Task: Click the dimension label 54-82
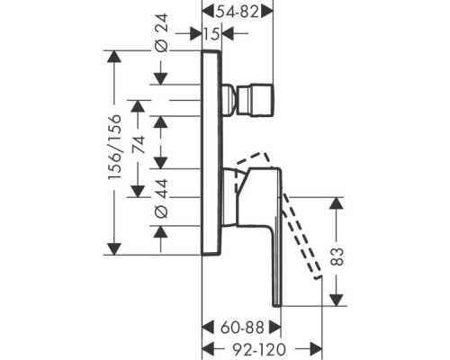(x=238, y=12)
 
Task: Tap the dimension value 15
(x=212, y=34)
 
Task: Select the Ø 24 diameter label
(x=161, y=33)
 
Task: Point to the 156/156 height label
(x=114, y=147)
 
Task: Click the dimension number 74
(x=139, y=145)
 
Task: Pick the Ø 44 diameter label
(x=161, y=198)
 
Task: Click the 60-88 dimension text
(x=242, y=328)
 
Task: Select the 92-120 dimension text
(x=259, y=349)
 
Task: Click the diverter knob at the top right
(x=256, y=100)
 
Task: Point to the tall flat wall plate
(x=212, y=152)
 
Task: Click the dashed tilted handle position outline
(x=279, y=210)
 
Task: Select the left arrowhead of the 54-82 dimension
(x=208, y=12)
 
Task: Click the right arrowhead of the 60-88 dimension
(x=275, y=327)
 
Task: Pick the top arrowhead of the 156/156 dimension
(x=114, y=57)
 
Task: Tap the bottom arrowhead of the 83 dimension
(x=337, y=300)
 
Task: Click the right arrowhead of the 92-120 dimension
(x=316, y=349)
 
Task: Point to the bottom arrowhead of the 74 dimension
(x=138, y=192)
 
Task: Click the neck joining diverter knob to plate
(x=230, y=100)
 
